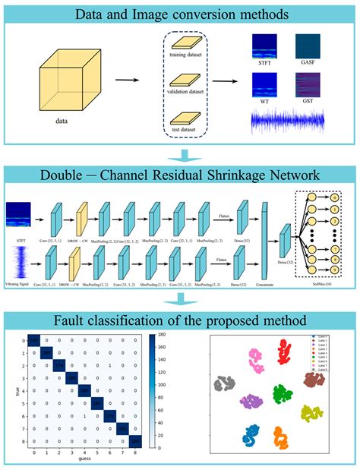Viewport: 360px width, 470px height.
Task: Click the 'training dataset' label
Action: click(186, 55)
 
